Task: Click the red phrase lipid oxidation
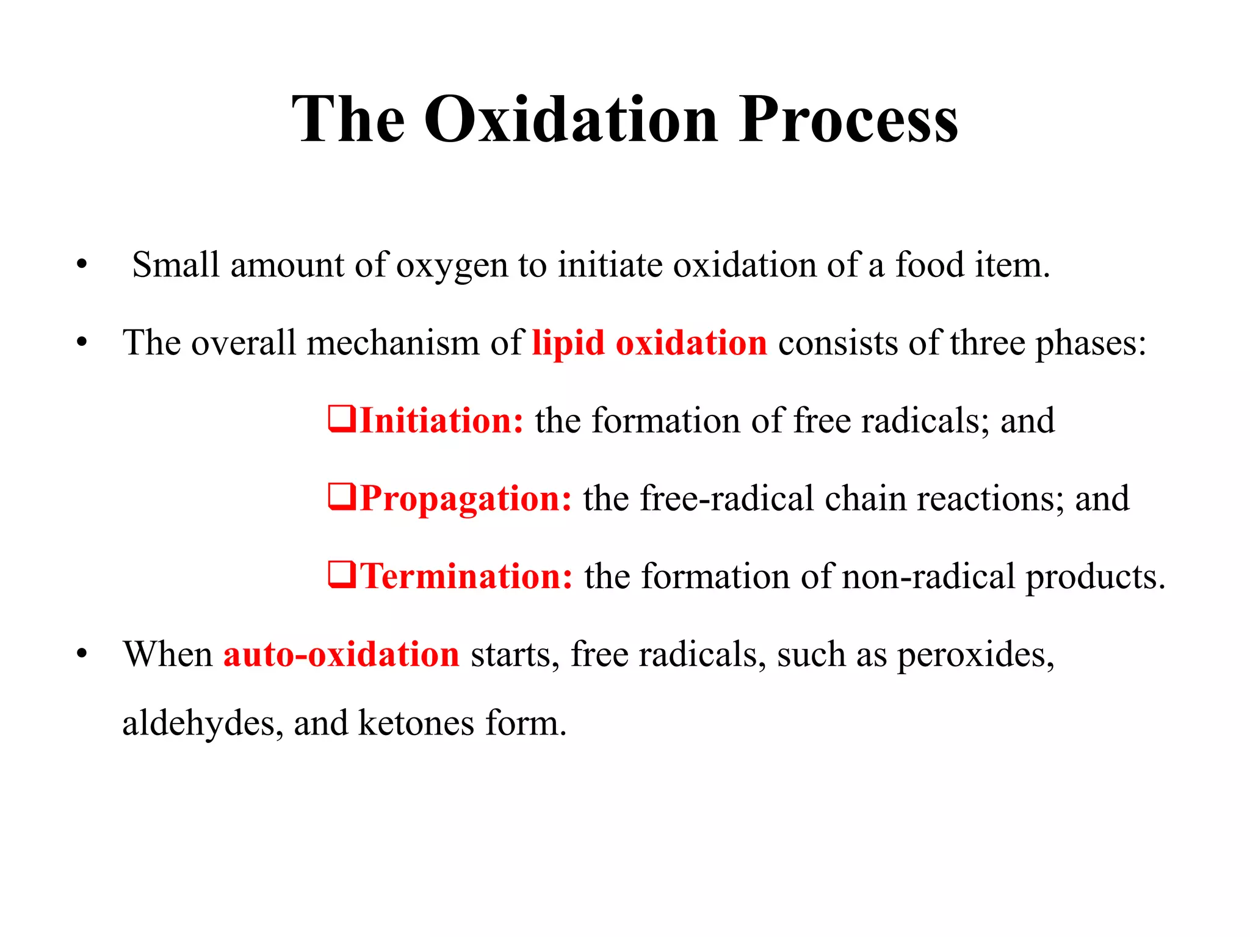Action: (x=649, y=343)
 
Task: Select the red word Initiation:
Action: (x=442, y=421)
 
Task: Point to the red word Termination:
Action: (x=467, y=576)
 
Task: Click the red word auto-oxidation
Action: (x=341, y=655)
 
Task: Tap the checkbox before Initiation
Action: (x=342, y=419)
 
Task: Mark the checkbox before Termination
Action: (x=342, y=575)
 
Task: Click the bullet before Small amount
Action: (x=82, y=265)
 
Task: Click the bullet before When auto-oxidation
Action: (x=82, y=655)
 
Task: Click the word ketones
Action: (x=416, y=724)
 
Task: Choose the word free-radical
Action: (x=727, y=499)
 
